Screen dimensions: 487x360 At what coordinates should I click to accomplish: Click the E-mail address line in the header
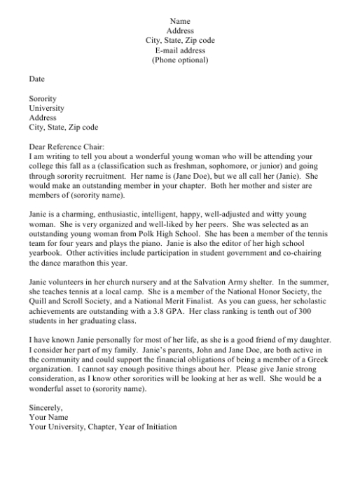point(180,50)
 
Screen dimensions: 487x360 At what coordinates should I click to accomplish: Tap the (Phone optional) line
point(180,60)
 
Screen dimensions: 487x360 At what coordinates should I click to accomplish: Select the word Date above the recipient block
point(36,80)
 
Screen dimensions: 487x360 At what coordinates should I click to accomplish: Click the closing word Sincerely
point(46,407)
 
